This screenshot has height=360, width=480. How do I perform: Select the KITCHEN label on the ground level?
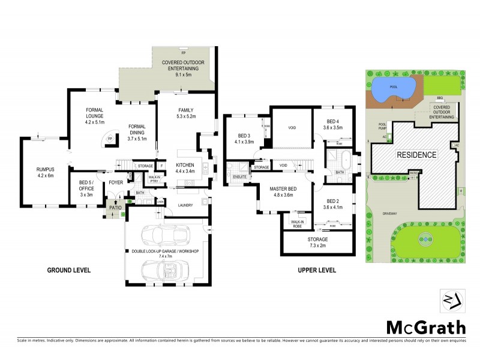(x=184, y=165)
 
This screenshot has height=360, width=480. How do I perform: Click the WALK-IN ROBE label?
(x=298, y=224)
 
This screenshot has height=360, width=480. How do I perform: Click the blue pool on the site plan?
(x=393, y=89)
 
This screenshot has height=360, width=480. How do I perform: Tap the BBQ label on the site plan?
(x=439, y=98)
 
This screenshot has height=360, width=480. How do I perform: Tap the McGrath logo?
(x=425, y=328)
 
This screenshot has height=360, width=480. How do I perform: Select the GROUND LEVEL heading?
(x=69, y=271)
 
